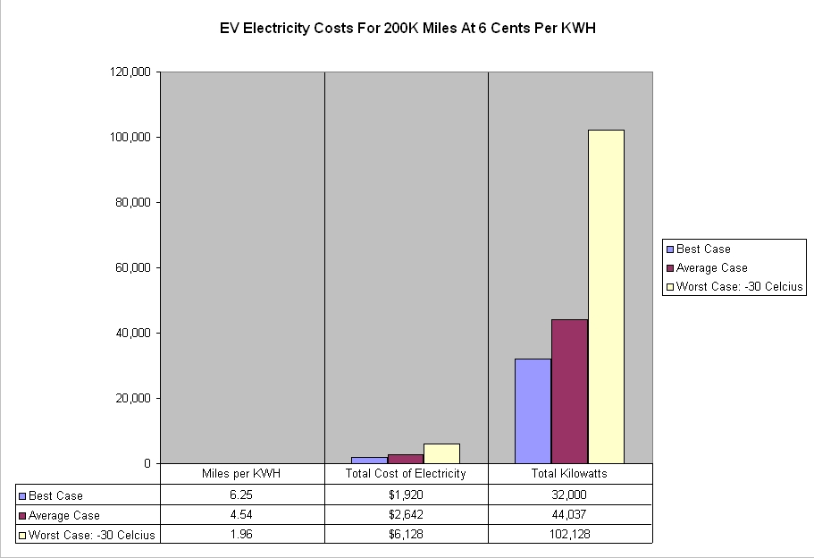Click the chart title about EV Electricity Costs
pos(407,28)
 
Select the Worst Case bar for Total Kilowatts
pos(606,296)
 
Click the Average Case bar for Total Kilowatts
pos(569,391)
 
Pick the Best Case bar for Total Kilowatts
pos(533,410)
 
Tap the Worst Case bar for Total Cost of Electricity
pos(441,453)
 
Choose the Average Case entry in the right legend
pos(711,268)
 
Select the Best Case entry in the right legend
pos(703,249)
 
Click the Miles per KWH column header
pos(242,474)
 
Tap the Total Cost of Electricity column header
pos(406,474)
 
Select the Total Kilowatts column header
pos(570,474)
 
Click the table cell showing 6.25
pos(242,495)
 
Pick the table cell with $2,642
pos(406,514)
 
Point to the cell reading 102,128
pos(570,534)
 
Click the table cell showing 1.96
pos(242,534)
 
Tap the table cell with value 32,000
pos(570,495)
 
